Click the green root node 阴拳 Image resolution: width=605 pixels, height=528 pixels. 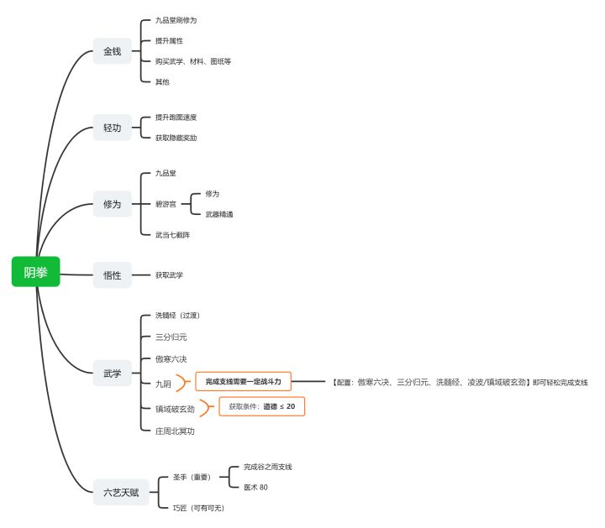36,271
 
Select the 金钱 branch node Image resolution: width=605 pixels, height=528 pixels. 112,51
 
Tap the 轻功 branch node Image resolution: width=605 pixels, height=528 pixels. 112,128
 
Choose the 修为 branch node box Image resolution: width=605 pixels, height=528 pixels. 112,204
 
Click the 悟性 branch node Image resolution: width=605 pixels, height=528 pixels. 112,274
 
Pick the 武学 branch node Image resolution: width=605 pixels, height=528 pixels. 112,373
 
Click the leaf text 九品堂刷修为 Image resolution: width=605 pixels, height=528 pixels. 176,19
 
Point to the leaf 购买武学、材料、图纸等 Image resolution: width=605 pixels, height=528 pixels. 192,61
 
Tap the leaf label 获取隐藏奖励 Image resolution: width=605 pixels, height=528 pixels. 176,137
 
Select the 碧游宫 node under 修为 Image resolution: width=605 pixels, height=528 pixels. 166,204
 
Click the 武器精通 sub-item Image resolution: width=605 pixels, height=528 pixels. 218,214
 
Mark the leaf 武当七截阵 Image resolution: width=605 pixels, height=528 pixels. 172,234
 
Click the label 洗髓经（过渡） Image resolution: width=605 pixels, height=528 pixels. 177,315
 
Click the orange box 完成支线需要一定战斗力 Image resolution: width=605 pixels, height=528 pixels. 243,382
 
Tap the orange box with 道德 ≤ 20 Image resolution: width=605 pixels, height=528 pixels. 261,406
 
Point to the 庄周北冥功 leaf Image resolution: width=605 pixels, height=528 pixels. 175,431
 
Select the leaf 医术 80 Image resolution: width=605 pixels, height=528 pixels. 255,487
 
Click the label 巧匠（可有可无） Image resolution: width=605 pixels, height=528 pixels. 198,508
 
